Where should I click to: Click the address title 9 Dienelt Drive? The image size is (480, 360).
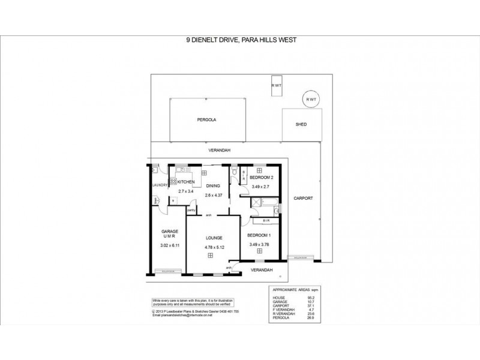click(239, 41)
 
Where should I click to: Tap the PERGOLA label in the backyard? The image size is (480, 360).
click(206, 120)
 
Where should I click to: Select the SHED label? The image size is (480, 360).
click(301, 125)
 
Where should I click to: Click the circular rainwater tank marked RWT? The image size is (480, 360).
click(310, 100)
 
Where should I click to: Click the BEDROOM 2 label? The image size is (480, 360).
click(262, 178)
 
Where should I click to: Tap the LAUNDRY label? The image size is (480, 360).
click(159, 185)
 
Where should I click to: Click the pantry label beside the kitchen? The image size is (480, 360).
click(191, 211)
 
